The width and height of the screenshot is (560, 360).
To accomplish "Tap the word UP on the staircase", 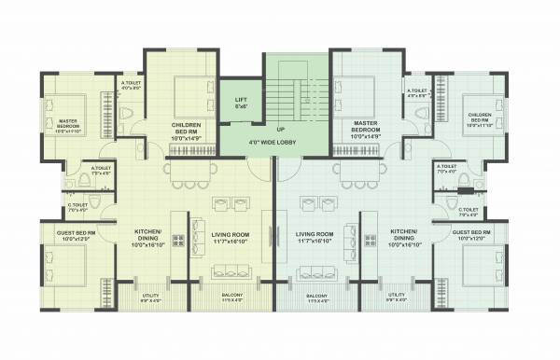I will click(x=281, y=130).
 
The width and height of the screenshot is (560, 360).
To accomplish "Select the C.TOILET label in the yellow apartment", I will click(x=77, y=207).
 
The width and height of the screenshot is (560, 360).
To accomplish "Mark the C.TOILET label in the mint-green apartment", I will click(x=469, y=210).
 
